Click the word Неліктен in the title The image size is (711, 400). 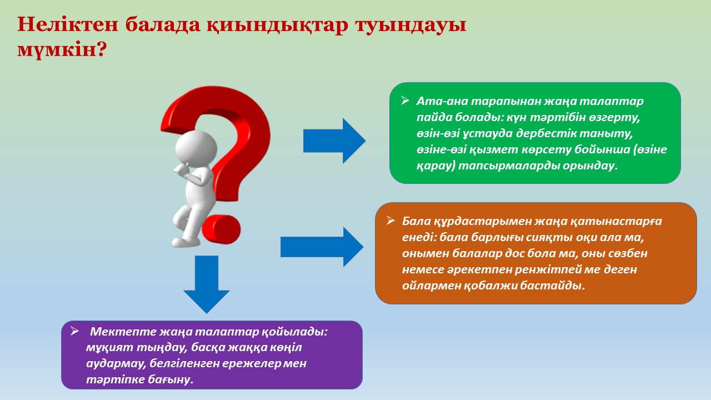coord(68,24)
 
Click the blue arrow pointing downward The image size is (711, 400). coord(207,284)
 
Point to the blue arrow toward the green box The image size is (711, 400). coord(334,141)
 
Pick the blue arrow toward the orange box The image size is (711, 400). coord(322,247)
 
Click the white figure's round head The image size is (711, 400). coord(196,148)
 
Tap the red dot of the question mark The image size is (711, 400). coord(221,229)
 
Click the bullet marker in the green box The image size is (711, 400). coord(405,101)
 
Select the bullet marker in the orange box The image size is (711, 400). coord(390,221)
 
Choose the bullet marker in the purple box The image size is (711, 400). coord(74,331)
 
